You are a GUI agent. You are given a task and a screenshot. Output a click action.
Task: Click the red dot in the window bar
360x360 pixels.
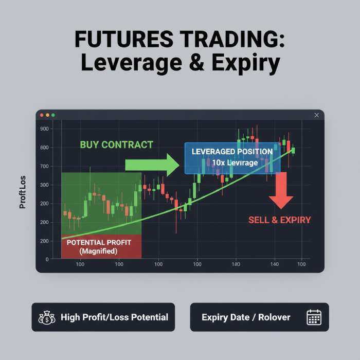(42, 115)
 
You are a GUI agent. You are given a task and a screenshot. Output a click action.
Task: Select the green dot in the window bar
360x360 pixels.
(53, 115)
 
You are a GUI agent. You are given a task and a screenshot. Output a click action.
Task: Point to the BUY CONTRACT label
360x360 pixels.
(117, 145)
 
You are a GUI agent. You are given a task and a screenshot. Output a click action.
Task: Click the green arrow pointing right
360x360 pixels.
(152, 165)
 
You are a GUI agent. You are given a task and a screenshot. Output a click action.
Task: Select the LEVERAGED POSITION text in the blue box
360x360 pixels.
(232, 152)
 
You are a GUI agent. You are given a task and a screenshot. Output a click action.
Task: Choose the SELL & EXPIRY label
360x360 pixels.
(280, 220)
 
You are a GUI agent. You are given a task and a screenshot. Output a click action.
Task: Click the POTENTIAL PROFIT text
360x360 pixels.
(99, 242)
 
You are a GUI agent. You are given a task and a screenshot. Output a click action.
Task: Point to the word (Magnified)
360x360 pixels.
(99, 251)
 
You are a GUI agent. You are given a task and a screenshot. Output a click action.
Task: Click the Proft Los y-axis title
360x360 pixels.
(23, 193)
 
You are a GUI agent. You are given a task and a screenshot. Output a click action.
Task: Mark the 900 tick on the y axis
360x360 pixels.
(44, 129)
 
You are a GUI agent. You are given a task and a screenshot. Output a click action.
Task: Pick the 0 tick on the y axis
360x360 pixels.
(46, 259)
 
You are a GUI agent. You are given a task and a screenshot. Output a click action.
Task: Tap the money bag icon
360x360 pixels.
(47, 317)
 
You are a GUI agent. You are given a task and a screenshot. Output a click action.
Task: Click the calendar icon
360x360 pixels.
(314, 317)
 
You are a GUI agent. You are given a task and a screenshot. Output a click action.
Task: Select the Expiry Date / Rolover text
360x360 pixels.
(246, 317)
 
